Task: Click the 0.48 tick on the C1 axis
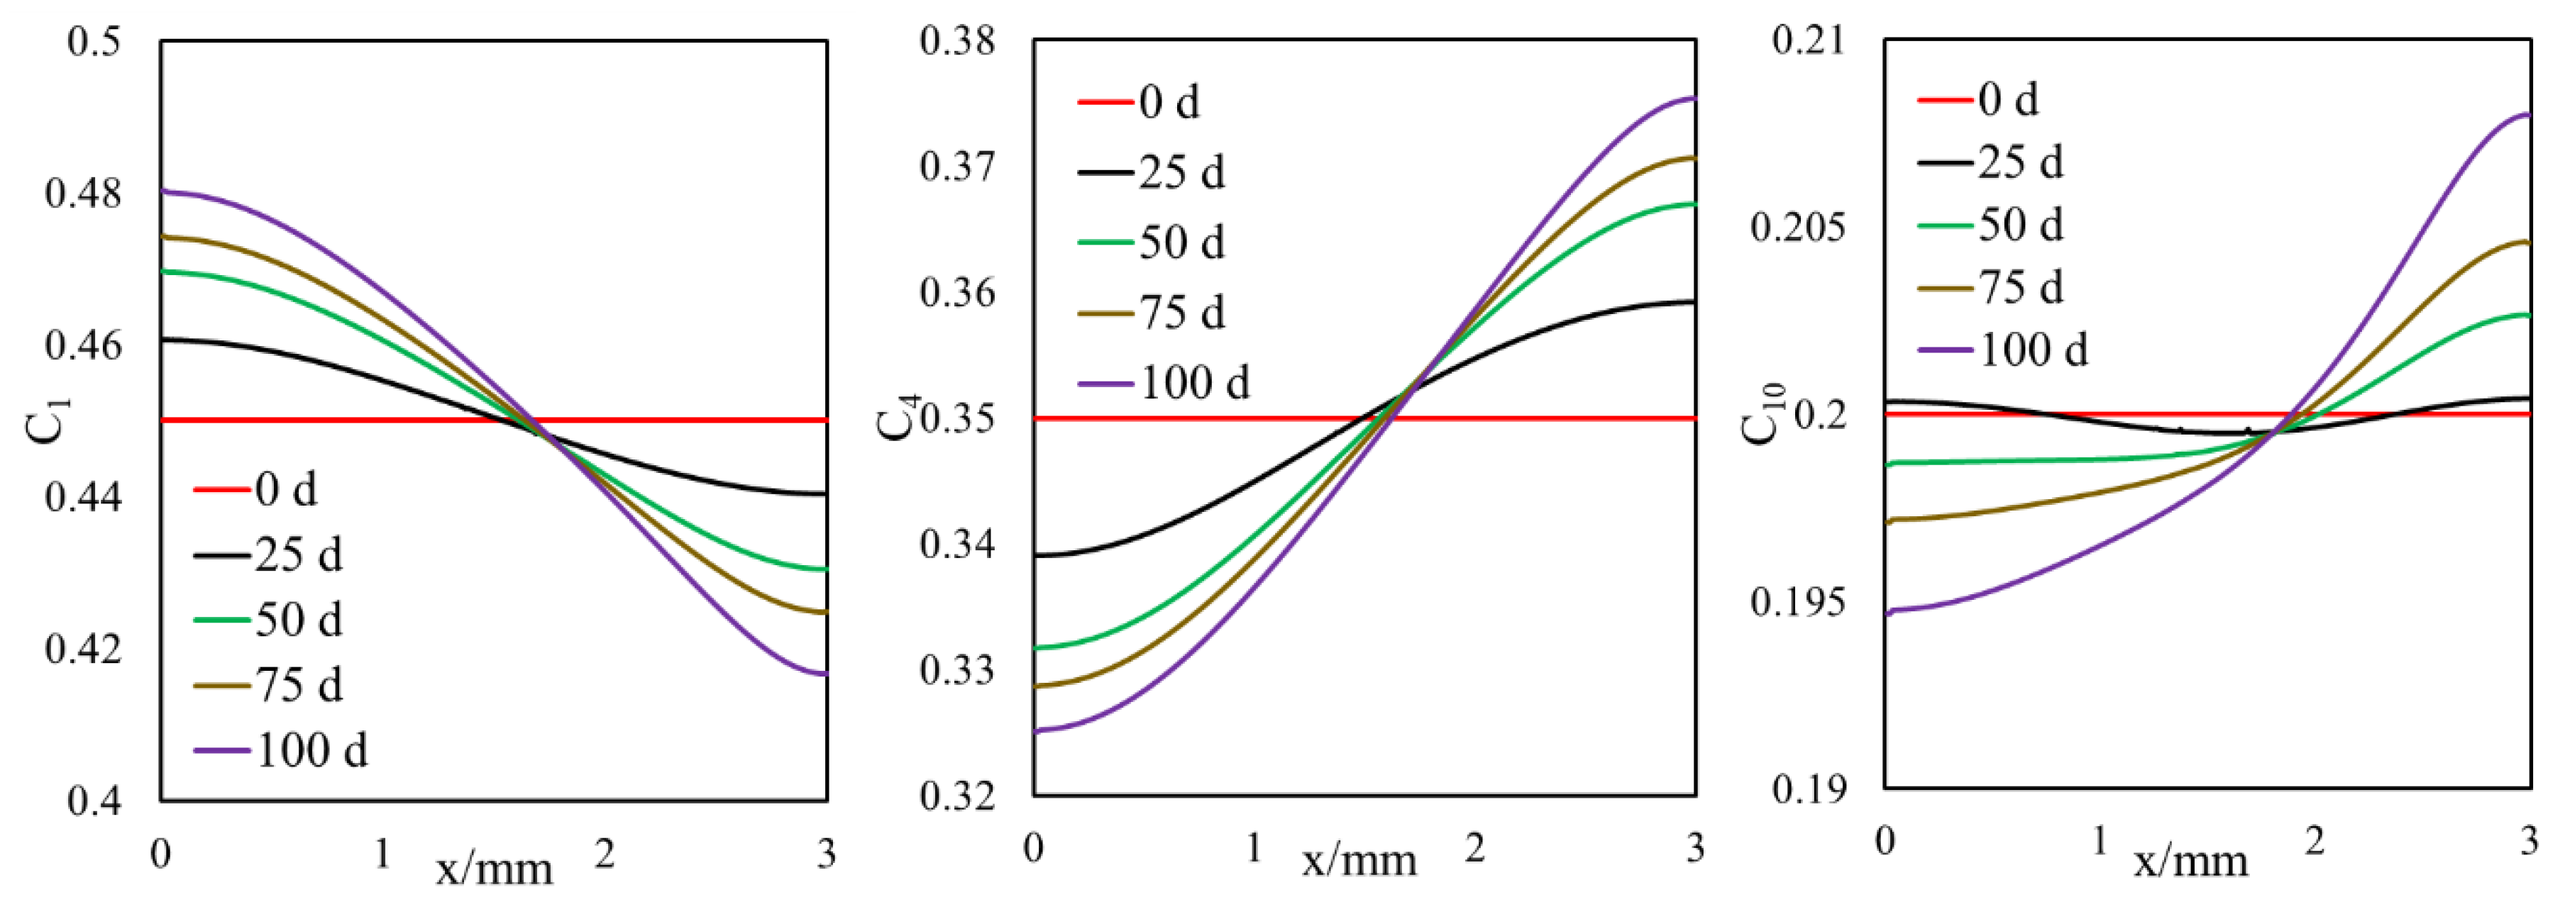(x=84, y=193)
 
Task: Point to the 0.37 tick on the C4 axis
(x=957, y=166)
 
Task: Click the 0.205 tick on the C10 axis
(x=1797, y=227)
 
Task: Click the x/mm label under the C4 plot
(x=1359, y=859)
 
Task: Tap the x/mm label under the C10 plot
(x=2190, y=859)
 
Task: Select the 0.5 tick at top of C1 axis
(x=94, y=42)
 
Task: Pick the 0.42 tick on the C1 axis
(x=84, y=648)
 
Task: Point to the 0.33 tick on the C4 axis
(x=957, y=671)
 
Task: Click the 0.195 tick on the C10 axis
(x=1797, y=602)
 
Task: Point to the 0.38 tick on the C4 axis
(x=957, y=41)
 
